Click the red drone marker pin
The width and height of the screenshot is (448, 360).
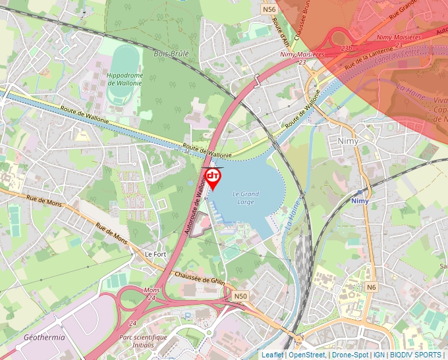coord(213,178)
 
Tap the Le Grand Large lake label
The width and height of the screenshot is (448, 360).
coord(246,198)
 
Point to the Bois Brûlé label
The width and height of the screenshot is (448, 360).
coord(171,53)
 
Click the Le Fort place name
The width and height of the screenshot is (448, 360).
coord(155,253)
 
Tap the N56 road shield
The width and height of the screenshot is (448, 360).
coord(268,9)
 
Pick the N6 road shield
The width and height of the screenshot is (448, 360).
coord(372,287)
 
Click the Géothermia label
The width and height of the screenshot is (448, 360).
coord(44,337)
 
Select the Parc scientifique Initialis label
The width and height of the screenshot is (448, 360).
coord(142,340)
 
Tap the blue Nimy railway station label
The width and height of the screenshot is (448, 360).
coord(360,201)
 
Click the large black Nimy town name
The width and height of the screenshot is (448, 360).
coord(347,141)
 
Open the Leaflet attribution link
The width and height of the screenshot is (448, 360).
coord(272,355)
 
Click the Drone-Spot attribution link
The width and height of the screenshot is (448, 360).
coord(350,355)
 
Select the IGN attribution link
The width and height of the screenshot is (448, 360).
coord(379,355)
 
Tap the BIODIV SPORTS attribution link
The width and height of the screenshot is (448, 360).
coord(415,355)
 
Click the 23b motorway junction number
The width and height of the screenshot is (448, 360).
coord(347,47)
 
